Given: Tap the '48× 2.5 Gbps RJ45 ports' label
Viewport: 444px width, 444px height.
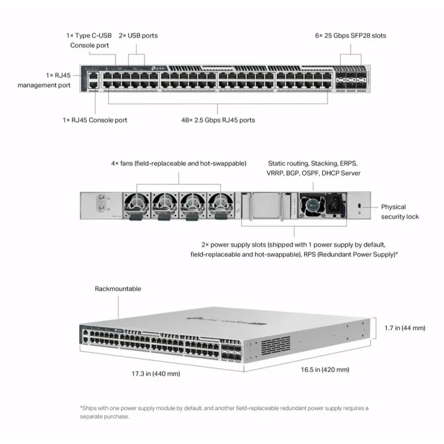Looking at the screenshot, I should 218,120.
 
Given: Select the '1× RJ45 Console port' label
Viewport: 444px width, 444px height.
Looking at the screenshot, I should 95,120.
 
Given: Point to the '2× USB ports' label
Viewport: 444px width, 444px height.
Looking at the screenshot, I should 138,36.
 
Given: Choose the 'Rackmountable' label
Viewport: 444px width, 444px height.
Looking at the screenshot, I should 118,289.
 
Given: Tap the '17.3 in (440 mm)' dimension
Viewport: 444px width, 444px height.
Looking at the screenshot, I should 155,374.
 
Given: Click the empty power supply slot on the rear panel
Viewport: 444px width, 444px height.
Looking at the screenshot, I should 268,205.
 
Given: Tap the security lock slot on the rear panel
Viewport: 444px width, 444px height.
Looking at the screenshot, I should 360,206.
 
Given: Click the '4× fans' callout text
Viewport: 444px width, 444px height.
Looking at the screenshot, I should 179,163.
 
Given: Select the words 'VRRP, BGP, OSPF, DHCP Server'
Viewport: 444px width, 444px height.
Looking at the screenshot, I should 314,173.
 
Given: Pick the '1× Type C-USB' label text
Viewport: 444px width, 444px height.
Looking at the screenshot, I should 89,36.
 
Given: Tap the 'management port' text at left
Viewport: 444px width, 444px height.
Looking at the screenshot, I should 44,85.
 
